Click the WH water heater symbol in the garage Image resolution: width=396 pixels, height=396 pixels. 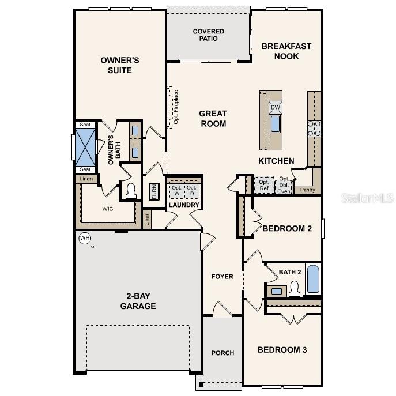(x=84, y=238)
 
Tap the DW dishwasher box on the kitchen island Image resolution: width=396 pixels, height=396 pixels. (x=276, y=108)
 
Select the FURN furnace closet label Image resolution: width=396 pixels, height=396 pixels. (x=153, y=191)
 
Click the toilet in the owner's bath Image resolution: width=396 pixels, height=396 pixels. (x=130, y=191)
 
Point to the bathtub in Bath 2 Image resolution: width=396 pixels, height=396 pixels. (x=312, y=280)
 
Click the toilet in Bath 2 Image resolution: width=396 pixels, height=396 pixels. (x=295, y=289)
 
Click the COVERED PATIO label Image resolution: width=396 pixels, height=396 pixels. (x=209, y=35)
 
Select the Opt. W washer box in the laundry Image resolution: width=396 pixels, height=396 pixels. (x=176, y=190)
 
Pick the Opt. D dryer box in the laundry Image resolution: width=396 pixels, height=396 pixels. (x=193, y=190)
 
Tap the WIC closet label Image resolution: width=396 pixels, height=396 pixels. (x=108, y=209)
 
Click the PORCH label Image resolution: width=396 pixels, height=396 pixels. (x=222, y=353)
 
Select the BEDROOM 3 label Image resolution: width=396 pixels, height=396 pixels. (x=282, y=350)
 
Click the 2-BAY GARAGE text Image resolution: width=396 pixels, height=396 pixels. (x=138, y=301)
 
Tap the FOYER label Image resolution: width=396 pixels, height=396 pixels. (x=222, y=277)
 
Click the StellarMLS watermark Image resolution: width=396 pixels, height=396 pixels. (x=368, y=198)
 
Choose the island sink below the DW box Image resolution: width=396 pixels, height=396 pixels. (x=276, y=123)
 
